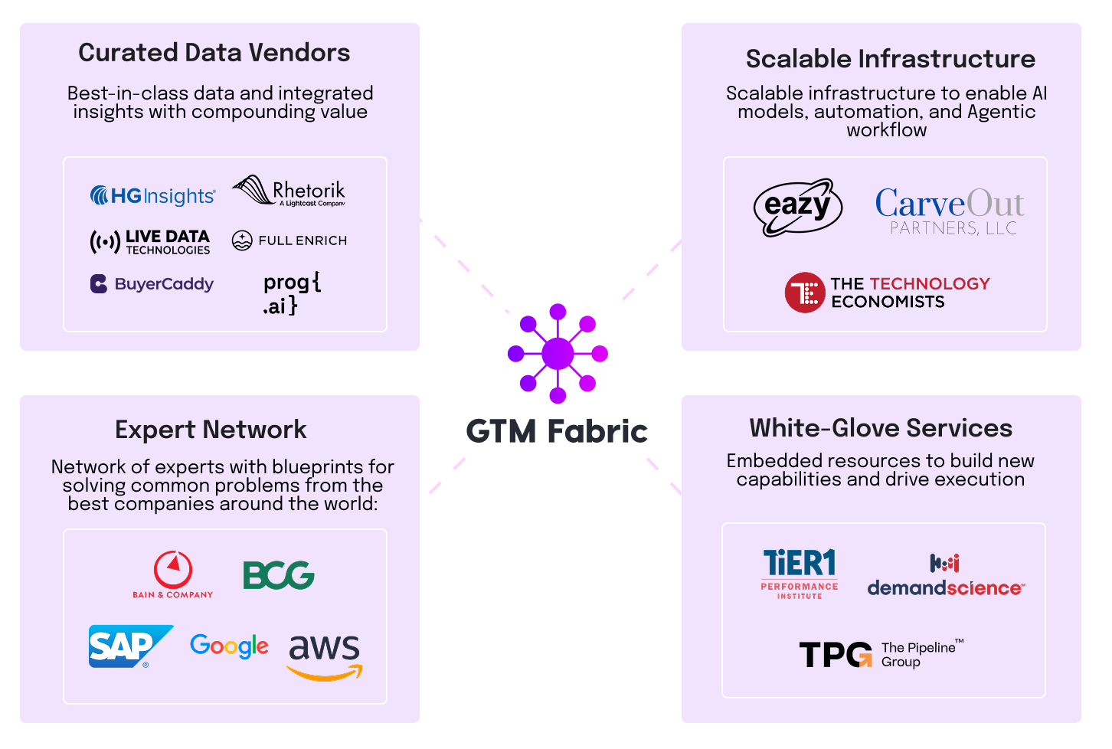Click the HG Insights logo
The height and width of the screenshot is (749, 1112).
pyautogui.click(x=152, y=196)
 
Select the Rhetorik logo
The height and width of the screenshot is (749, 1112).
pyautogui.click(x=289, y=191)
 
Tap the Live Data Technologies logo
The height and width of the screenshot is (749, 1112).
pyautogui.click(x=150, y=242)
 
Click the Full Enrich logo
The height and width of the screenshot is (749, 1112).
pyautogui.click(x=289, y=240)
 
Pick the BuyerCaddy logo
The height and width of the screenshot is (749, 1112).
pyautogui.click(x=152, y=284)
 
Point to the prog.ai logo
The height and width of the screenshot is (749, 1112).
pyautogui.click(x=291, y=294)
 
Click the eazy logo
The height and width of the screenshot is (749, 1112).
pyautogui.click(x=797, y=207)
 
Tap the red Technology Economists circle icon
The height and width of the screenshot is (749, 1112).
pyautogui.click(x=804, y=293)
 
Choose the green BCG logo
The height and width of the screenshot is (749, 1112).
pyautogui.click(x=278, y=575)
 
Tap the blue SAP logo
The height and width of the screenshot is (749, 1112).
pyautogui.click(x=129, y=646)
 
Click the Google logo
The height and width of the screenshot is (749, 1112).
pyautogui.click(x=229, y=646)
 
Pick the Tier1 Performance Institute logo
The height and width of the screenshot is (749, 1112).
pyautogui.click(x=800, y=573)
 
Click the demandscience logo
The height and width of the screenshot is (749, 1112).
pyautogui.click(x=946, y=577)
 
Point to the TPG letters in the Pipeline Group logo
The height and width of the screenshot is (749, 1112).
pyautogui.click(x=835, y=655)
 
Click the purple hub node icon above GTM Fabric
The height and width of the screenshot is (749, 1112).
pyautogui.click(x=558, y=354)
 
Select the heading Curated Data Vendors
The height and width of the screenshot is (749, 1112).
pyautogui.click(x=214, y=53)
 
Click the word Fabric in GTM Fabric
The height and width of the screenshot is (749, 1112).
pyautogui.click(x=597, y=431)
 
